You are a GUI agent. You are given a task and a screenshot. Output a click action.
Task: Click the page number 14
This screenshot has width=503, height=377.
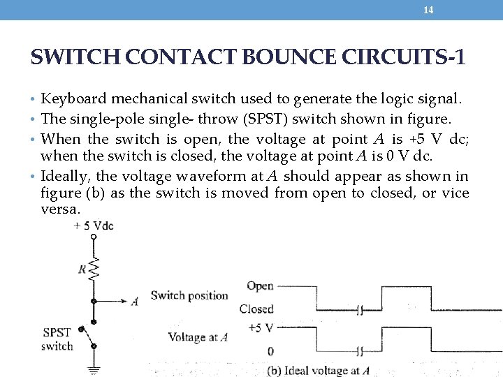click(x=429, y=10)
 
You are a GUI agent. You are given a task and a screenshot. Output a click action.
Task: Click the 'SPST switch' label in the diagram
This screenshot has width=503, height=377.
click(x=57, y=339)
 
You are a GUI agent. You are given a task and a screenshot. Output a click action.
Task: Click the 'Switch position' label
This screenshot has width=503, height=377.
click(x=189, y=295)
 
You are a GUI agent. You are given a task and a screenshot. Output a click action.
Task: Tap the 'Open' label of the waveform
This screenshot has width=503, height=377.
click(x=260, y=286)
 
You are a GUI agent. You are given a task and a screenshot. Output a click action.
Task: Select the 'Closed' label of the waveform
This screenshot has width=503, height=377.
click(x=256, y=309)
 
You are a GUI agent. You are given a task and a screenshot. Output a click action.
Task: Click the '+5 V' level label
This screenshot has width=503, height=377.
click(x=260, y=327)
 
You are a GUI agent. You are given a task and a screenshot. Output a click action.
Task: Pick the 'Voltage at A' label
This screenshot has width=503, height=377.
click(x=198, y=338)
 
